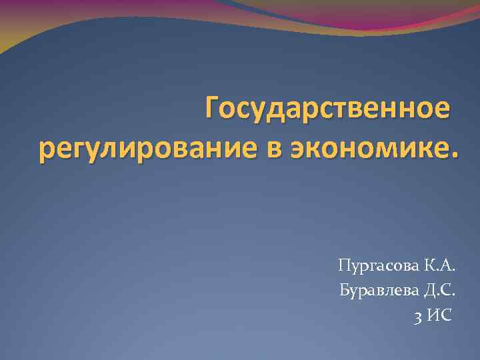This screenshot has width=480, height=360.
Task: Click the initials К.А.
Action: coord(439,267)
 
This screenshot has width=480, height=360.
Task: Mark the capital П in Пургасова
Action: coord(344,267)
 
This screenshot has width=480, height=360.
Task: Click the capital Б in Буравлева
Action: coord(344,290)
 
